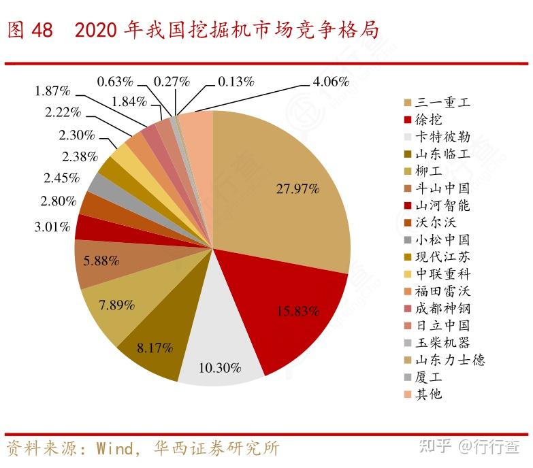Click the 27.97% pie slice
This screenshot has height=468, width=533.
293,190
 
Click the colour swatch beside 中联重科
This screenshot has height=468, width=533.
407,274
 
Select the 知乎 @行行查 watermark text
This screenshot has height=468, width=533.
469,447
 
